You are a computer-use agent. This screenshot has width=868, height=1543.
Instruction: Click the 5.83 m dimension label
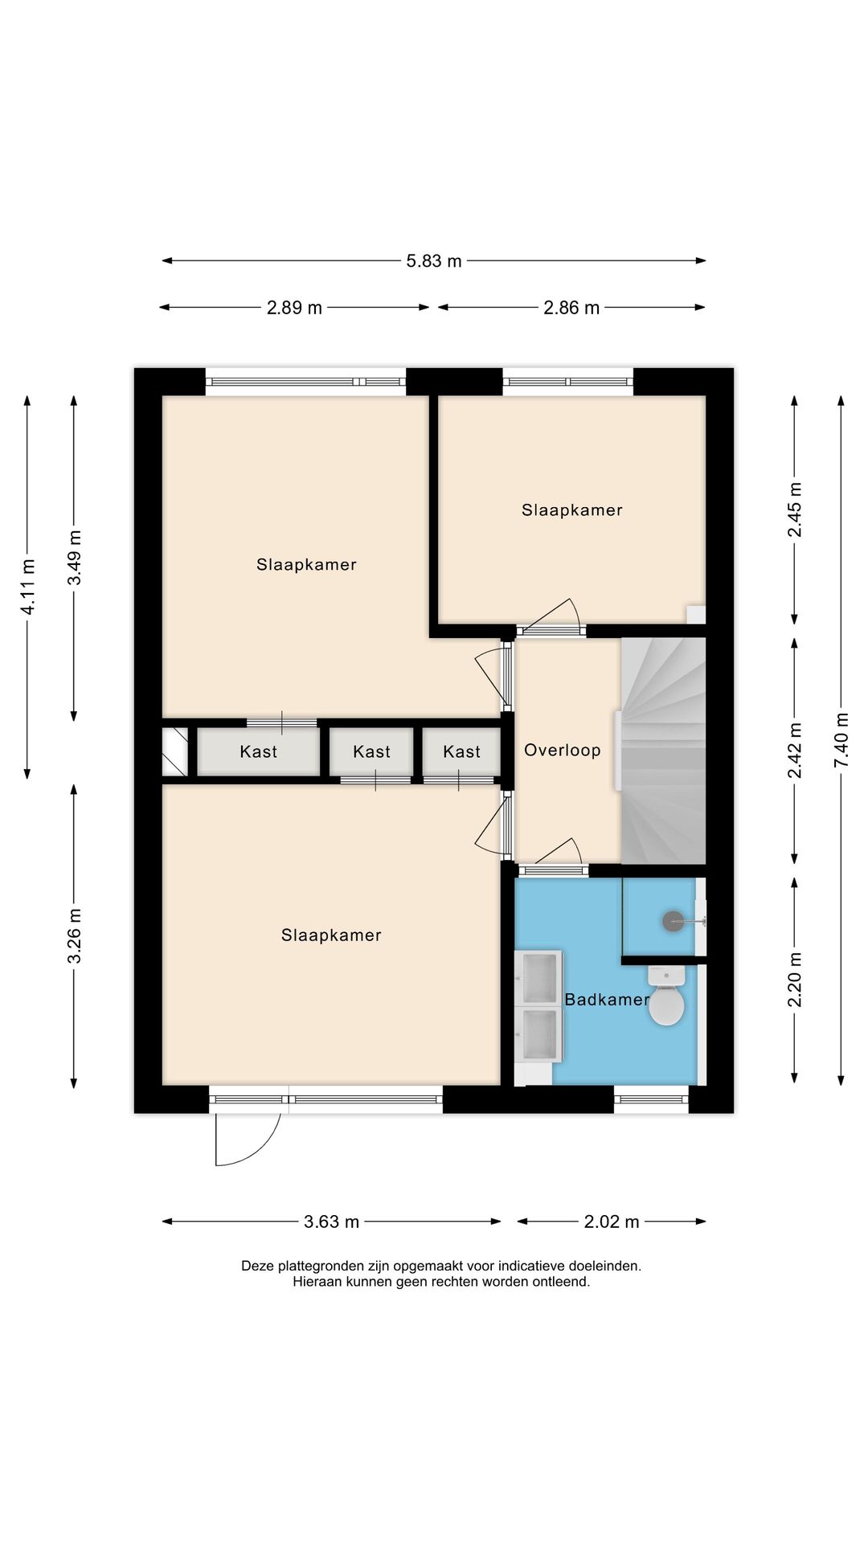pyautogui.click(x=434, y=260)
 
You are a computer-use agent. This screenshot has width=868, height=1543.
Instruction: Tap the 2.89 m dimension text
pyautogui.click(x=294, y=308)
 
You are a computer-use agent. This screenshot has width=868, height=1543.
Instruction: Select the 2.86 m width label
pyautogui.click(x=571, y=308)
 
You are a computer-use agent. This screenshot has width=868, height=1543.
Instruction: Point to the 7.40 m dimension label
pyautogui.click(x=841, y=739)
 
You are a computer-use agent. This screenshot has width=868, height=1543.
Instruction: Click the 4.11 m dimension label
pyautogui.click(x=28, y=587)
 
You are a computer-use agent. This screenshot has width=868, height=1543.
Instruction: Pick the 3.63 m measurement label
pyautogui.click(x=331, y=1222)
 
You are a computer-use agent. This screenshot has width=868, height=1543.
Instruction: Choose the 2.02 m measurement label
pyautogui.click(x=612, y=1222)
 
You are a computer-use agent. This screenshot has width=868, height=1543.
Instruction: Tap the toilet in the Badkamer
pyautogui.click(x=666, y=999)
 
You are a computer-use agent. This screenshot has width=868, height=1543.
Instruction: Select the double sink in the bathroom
pyautogui.click(x=538, y=1006)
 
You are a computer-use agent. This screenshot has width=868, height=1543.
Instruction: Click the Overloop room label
pyautogui.click(x=563, y=751)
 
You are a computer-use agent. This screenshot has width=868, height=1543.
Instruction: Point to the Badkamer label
pyautogui.click(x=606, y=1000)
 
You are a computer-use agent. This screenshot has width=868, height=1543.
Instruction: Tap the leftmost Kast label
pyautogui.click(x=258, y=752)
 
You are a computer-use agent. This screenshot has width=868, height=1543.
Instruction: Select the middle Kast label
pyautogui.click(x=371, y=752)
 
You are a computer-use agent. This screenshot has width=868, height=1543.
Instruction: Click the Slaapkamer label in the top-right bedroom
pyautogui.click(x=571, y=510)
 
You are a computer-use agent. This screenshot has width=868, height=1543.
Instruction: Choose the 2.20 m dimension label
pyautogui.click(x=795, y=979)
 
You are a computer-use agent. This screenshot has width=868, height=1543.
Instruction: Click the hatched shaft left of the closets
pyautogui.click(x=174, y=751)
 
